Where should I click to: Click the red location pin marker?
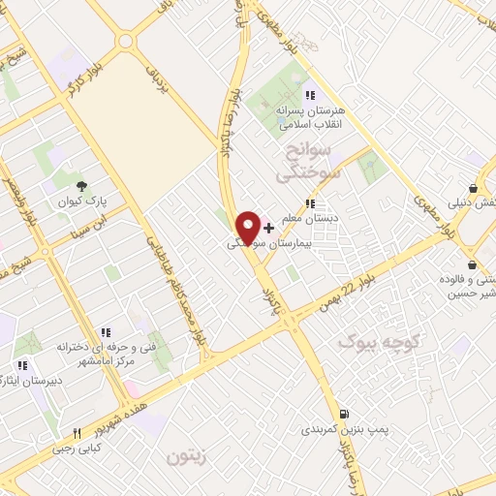[x=248, y=228]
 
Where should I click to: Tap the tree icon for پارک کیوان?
[x=81, y=187]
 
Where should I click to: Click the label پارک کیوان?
[x=82, y=204]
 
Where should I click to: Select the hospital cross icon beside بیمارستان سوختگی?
[x=268, y=228]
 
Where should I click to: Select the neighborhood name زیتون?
[x=188, y=455]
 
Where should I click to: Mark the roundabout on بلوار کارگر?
[x=125, y=42]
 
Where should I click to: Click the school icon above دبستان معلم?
[x=309, y=203]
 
